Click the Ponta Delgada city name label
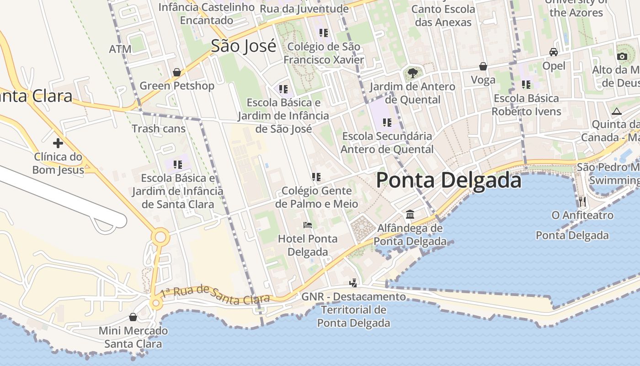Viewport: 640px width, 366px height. [448, 180]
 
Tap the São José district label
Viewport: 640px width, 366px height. [243, 46]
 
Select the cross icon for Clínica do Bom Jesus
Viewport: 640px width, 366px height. [58, 143]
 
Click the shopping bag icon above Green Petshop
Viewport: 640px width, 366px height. [177, 72]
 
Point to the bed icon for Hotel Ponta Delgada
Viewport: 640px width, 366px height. [308, 225]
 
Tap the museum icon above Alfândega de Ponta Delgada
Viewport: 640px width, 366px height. [410, 214]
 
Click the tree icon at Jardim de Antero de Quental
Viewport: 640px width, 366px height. [412, 73]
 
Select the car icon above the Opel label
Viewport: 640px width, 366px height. [554, 52]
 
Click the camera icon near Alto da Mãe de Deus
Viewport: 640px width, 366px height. [622, 56]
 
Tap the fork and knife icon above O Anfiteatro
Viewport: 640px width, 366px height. [582, 201]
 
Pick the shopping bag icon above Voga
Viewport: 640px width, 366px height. [483, 66]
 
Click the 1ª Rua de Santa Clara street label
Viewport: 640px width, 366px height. [212, 295]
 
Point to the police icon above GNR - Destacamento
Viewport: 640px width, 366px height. [353, 283]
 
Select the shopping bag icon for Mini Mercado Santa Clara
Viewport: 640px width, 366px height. [133, 317]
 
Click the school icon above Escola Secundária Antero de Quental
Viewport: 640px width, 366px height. [387, 122]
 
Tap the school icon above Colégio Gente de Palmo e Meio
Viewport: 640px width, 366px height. [316, 177]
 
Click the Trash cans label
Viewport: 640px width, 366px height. [159, 129]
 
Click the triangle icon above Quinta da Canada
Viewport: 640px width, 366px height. [617, 111]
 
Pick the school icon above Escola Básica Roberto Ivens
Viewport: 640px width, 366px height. [526, 84]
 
